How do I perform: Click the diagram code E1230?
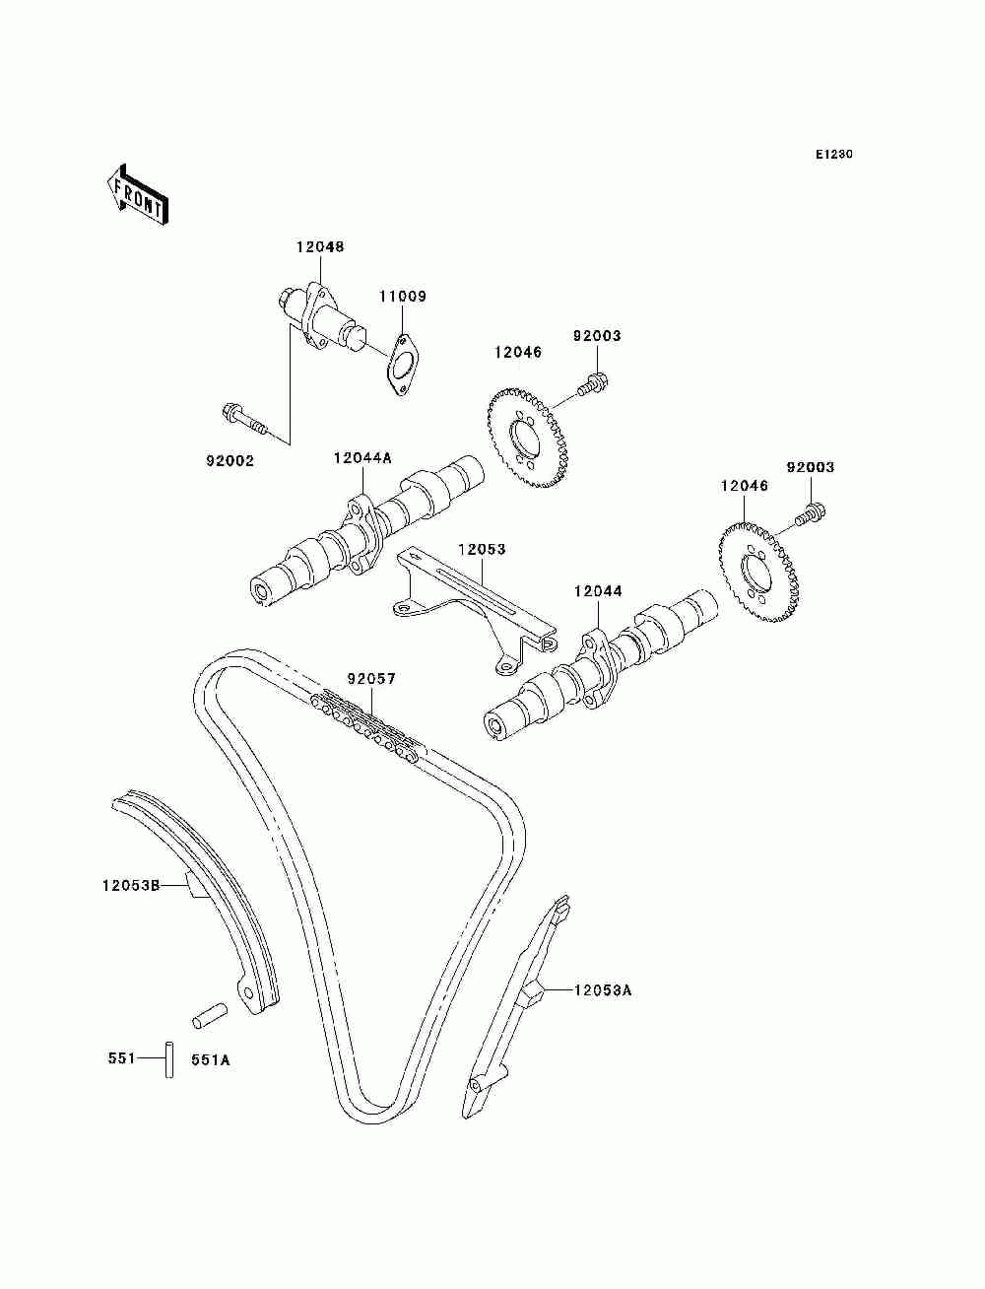pos(833,155)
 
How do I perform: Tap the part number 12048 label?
pos(319,247)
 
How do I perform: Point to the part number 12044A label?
pos(361,457)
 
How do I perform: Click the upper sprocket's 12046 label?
pos(518,352)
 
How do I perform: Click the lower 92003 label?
pos(810,467)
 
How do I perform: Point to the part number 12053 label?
pos(481,549)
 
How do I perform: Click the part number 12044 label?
pos(598,591)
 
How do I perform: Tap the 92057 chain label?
pos(371,679)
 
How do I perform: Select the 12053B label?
pos(129,885)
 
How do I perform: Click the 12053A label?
pos(603,989)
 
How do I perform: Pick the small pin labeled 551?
pos(169,1058)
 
